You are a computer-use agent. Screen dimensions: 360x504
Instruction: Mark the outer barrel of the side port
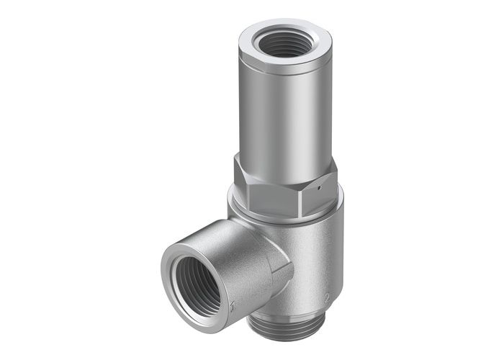coord(238,252)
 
